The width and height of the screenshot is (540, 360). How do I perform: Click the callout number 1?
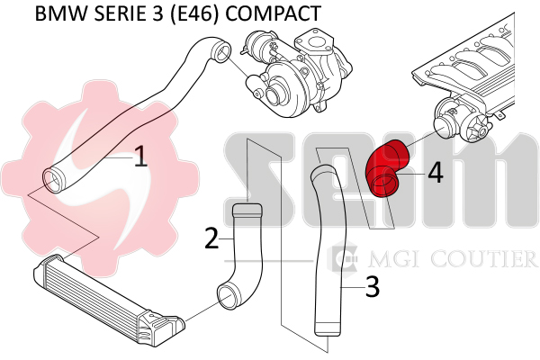click(140, 157)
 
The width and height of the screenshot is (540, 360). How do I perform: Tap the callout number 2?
click(211, 238)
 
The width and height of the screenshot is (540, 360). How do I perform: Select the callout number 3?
click(372, 286)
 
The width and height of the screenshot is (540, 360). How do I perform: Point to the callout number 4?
click(436, 173)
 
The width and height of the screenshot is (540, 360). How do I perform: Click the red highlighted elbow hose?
click(386, 168)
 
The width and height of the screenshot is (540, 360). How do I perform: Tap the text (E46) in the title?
click(193, 14)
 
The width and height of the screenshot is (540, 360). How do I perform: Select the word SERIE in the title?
click(119, 13)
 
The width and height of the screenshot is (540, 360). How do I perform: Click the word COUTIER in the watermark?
click(483, 258)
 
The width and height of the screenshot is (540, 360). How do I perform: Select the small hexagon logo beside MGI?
click(342, 256)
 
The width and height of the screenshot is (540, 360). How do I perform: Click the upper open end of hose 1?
click(220, 53)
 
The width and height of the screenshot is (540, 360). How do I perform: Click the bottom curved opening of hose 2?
click(229, 297)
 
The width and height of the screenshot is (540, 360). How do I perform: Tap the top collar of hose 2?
click(247, 210)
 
